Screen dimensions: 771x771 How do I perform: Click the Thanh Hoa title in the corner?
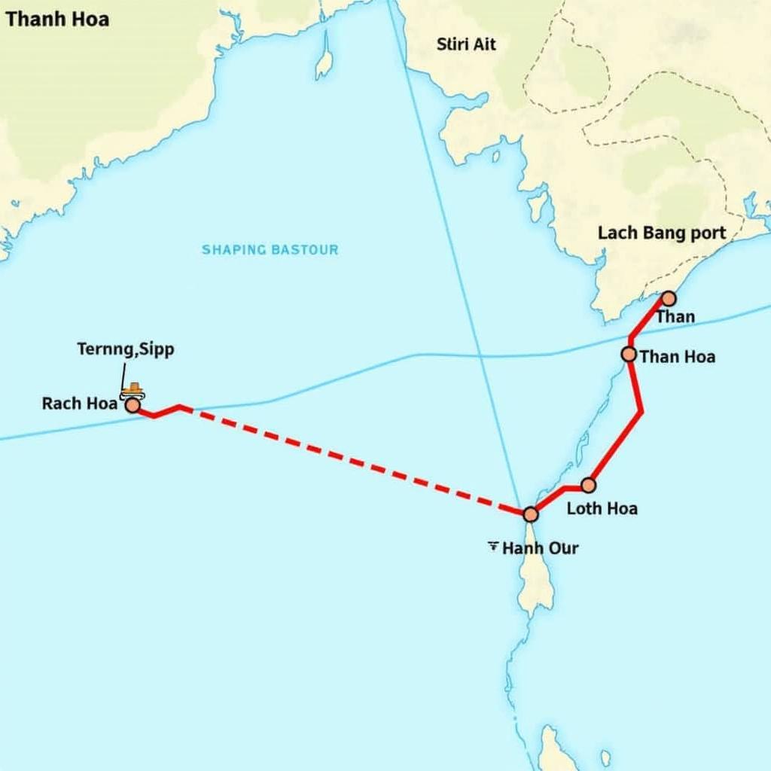pyautogui.click(x=56, y=19)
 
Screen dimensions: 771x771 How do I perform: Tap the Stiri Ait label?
pyautogui.click(x=467, y=44)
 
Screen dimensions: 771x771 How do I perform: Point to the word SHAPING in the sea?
pyautogui.click(x=233, y=249)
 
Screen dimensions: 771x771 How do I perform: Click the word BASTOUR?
pyautogui.click(x=305, y=249)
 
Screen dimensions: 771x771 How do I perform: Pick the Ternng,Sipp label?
pyautogui.click(x=126, y=349)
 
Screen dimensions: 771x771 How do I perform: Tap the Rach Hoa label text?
pyautogui.click(x=80, y=403)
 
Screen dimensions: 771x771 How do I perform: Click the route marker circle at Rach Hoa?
pyautogui.click(x=133, y=406)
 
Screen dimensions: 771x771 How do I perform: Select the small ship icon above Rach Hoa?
pyautogui.click(x=134, y=389)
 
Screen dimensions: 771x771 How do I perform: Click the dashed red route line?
pyautogui.click(x=354, y=460)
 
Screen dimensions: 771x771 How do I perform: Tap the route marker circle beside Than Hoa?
pyautogui.click(x=629, y=354)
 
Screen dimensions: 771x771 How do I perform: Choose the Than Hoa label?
pyautogui.click(x=677, y=356)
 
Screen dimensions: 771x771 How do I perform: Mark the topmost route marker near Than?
pyautogui.click(x=667, y=299)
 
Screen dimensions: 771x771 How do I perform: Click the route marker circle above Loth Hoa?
pyautogui.click(x=589, y=485)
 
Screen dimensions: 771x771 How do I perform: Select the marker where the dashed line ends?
pyautogui.click(x=530, y=514)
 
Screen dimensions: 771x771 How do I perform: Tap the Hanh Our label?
pyautogui.click(x=540, y=548)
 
